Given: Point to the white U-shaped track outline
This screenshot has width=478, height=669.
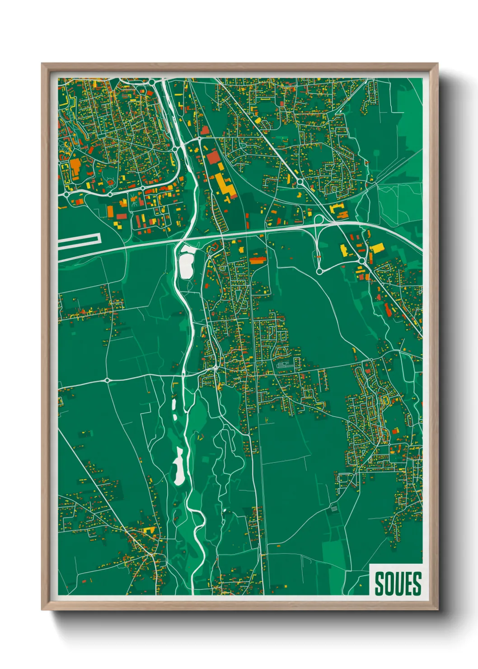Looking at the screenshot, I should click(79, 242).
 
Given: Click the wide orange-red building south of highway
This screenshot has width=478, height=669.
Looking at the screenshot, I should click(257, 259).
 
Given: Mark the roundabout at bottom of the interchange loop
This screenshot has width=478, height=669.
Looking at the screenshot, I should click(319, 271).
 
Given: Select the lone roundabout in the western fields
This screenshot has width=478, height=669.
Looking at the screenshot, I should click(107, 380).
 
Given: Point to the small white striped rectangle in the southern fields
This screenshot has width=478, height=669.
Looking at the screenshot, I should click(334, 509).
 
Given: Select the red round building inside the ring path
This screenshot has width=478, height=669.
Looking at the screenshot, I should click(110, 183).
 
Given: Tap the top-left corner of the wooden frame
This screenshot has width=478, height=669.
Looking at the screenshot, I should click(42, 64).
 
